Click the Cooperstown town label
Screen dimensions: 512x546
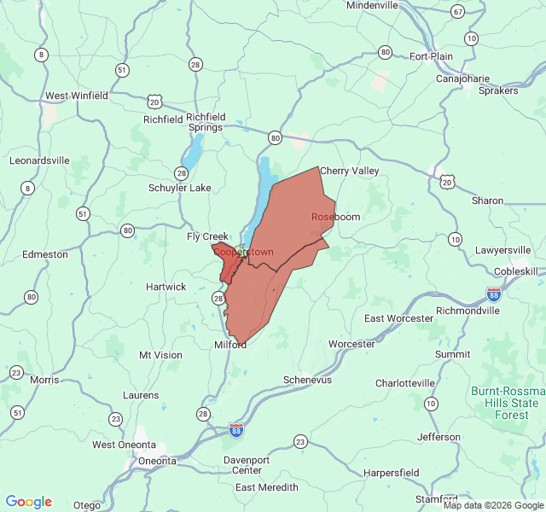click(243, 253)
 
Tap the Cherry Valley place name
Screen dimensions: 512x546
click(349, 172)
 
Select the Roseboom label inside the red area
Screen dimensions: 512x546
click(335, 218)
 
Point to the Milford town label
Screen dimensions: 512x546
click(230, 345)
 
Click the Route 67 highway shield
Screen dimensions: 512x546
click(458, 11)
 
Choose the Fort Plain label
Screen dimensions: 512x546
click(431, 57)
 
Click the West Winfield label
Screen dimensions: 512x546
click(77, 96)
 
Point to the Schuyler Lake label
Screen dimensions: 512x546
click(179, 188)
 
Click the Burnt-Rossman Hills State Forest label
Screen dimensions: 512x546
click(505, 403)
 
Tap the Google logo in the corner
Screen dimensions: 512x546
click(28, 502)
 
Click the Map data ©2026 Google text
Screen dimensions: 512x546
click(492, 505)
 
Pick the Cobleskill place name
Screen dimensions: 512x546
click(516, 271)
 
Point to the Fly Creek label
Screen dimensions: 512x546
click(208, 236)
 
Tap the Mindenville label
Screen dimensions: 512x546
click(372, 5)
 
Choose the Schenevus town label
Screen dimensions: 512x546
click(307, 380)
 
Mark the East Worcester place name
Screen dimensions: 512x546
click(398, 318)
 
